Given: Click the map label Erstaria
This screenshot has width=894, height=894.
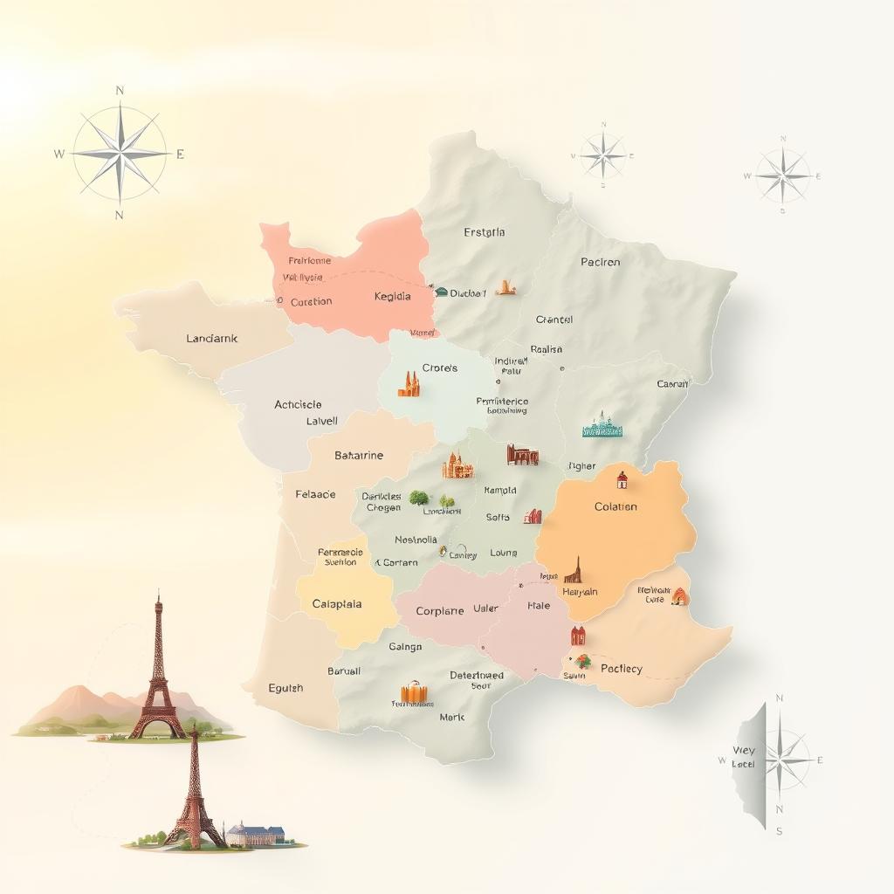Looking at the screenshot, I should click(485, 232).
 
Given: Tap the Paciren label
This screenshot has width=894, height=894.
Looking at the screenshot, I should click(601, 262).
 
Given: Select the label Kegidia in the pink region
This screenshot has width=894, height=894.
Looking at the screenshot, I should click(392, 296).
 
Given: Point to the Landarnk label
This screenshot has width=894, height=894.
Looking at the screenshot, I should click(212, 338).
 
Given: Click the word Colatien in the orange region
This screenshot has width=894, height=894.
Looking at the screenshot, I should click(615, 506).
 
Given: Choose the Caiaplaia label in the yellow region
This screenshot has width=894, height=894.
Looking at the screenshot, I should click(337, 603).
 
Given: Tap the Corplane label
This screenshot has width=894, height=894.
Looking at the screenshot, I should click(440, 611).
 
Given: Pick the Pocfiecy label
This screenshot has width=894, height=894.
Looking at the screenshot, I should click(622, 669).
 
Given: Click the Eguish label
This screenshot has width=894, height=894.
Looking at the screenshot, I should click(285, 687).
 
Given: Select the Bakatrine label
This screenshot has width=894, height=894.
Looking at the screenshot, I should click(359, 455).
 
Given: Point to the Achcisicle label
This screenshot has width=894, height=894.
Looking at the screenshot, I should click(298, 404).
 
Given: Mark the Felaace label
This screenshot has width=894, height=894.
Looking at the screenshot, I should click(315, 494).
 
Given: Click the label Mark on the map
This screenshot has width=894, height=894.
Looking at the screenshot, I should click(452, 717).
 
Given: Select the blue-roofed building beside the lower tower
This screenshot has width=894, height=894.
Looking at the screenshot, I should click(260, 834).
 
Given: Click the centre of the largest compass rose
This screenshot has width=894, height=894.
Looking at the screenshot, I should click(120, 153).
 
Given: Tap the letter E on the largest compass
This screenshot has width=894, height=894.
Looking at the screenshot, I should click(181, 155).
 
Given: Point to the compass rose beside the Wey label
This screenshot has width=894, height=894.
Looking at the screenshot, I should click(783, 760).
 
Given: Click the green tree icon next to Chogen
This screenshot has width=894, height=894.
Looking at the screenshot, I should click(418, 498).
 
